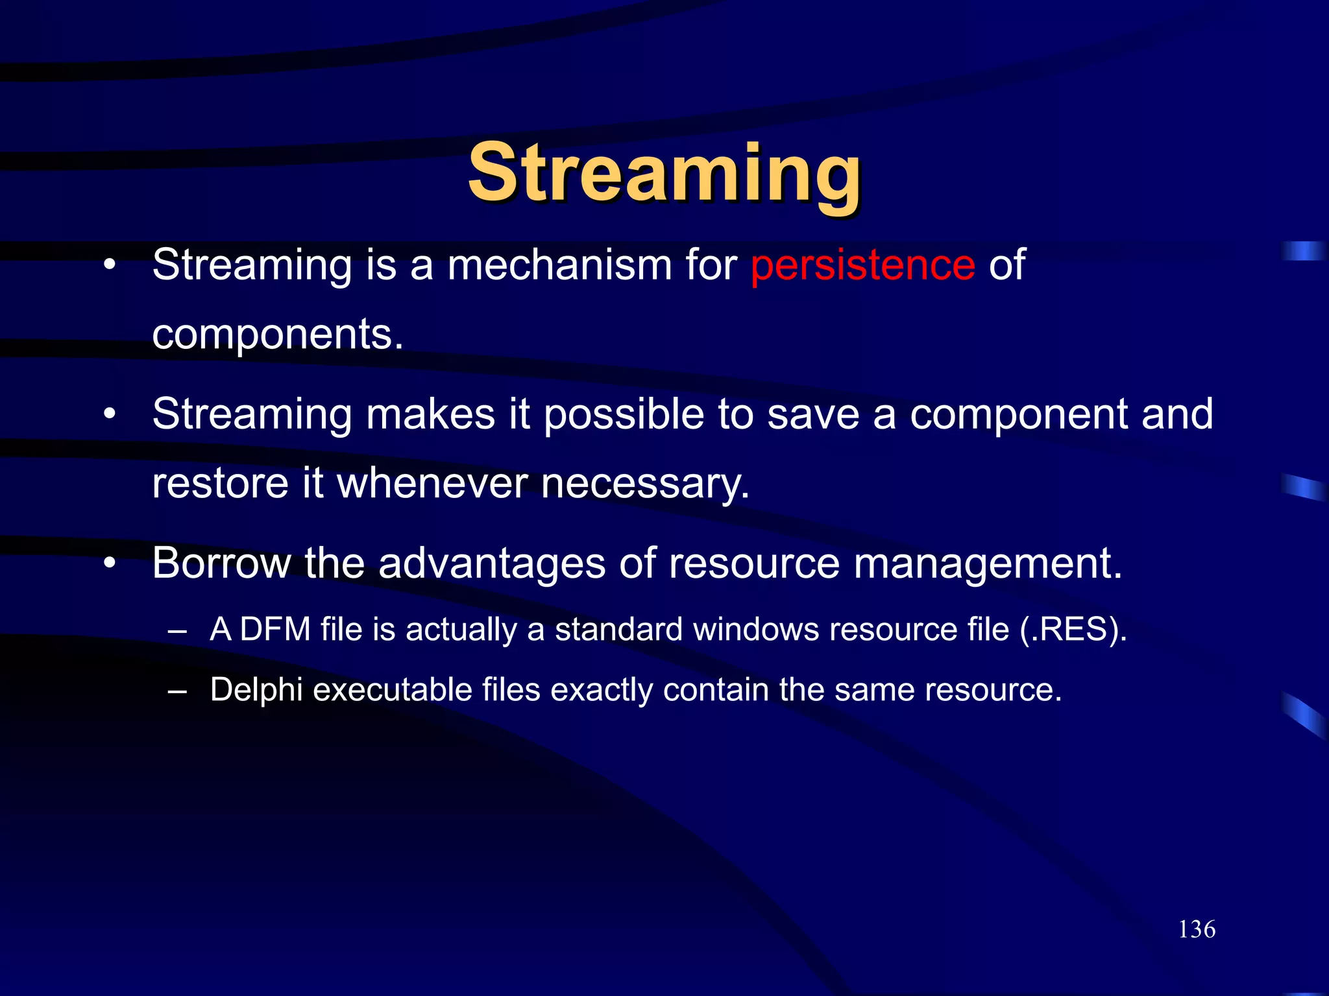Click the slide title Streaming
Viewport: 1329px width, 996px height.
(664, 174)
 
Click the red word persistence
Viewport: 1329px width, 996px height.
(862, 265)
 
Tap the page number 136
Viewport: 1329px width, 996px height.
(1197, 929)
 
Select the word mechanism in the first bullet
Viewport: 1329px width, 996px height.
(560, 265)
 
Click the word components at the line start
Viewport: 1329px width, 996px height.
(277, 335)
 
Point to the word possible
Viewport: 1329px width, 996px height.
(624, 414)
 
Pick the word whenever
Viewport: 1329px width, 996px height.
(432, 484)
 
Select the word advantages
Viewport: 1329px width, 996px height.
(491, 564)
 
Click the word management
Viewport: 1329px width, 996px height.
(987, 564)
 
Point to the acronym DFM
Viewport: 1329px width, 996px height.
(275, 630)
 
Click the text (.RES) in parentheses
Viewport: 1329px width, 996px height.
(1073, 630)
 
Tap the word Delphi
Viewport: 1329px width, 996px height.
(256, 690)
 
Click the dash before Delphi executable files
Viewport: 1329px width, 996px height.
(177, 691)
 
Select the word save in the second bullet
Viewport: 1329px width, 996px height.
(813, 414)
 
